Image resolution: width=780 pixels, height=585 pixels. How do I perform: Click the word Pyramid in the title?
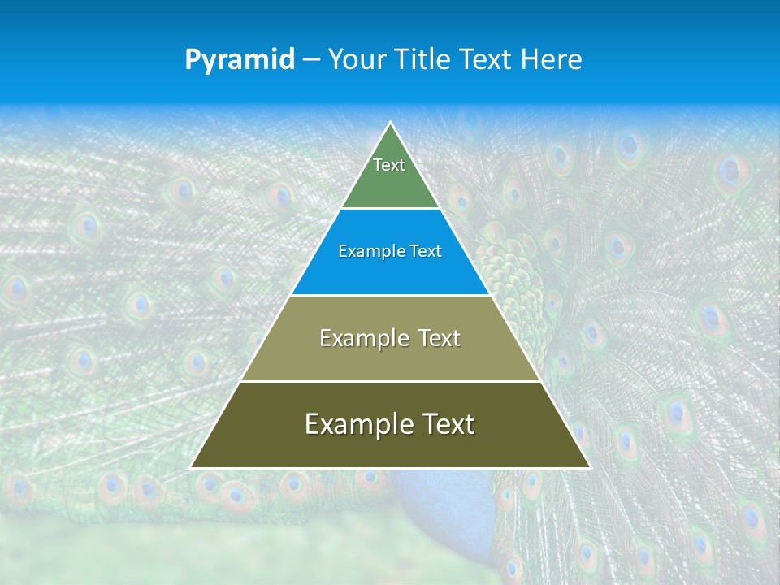240,59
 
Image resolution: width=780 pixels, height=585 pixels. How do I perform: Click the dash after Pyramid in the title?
311,60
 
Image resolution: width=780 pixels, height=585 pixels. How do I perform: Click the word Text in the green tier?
389,165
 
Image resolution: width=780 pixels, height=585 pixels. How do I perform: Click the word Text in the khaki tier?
440,338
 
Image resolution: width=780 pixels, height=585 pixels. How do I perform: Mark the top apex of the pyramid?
391,123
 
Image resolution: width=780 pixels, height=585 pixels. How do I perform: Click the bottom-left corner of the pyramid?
192,466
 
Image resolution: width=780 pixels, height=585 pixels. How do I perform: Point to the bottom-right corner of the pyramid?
589,466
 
